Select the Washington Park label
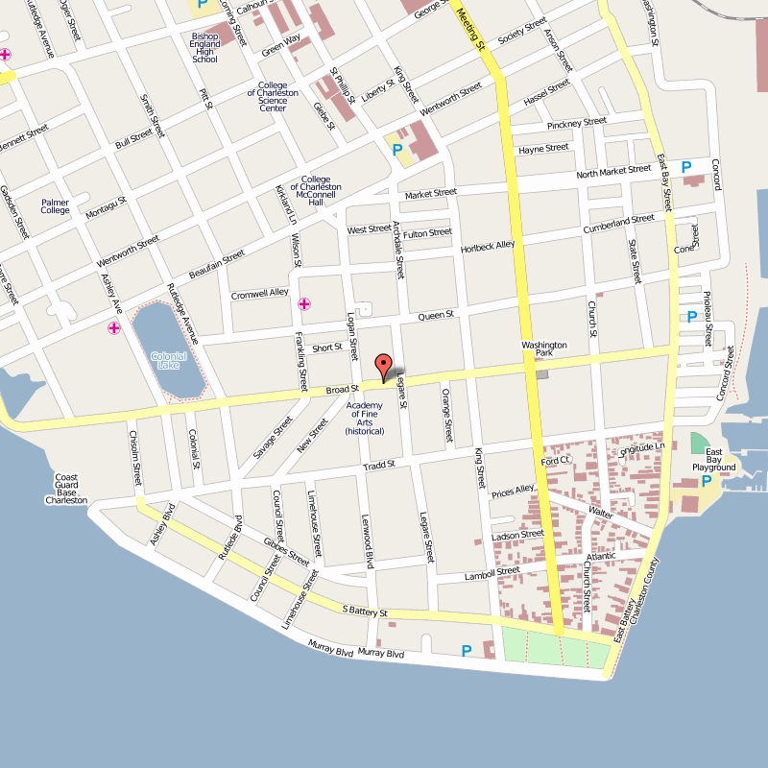[x=544, y=349]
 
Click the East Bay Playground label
[x=720, y=460]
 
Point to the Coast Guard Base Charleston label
[x=66, y=489]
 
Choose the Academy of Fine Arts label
[x=365, y=419]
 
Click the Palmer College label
[x=56, y=205]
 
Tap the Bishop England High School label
[x=204, y=48]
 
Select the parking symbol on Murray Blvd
[x=467, y=651]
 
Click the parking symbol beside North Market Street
[x=686, y=167]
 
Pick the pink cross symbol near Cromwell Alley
[x=304, y=304]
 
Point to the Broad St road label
[x=342, y=389]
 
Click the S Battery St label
[x=365, y=611]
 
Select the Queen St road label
[x=435, y=315]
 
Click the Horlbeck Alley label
[x=488, y=246]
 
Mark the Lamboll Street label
[x=492, y=573]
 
